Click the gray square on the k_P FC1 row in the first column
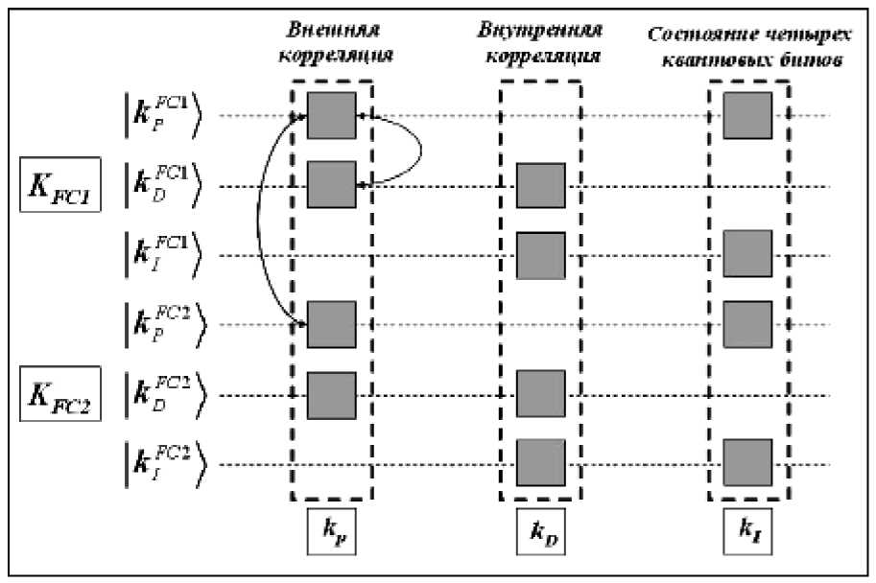pos(331,116)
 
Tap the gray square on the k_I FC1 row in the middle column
pos(540,255)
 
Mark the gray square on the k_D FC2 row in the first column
pos(331,395)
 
